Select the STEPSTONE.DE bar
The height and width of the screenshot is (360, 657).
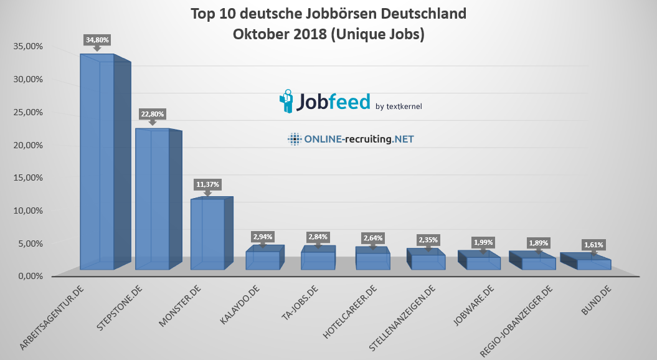pos(153,199)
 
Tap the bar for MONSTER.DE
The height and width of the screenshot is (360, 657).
pos(207,234)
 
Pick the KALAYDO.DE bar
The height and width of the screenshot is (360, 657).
pos(262,260)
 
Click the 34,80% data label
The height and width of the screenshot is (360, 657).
pos(97,40)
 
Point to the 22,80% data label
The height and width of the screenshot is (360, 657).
pos(152,114)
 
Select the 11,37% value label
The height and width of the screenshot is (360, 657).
pos(207,184)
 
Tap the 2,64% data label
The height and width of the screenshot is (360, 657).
pos(372,237)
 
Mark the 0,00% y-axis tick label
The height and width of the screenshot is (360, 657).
pos(27,276)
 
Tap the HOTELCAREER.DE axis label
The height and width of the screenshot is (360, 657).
pos(350,311)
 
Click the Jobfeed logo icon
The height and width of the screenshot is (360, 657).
pos(286,102)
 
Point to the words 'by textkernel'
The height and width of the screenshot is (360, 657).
pos(399,107)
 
